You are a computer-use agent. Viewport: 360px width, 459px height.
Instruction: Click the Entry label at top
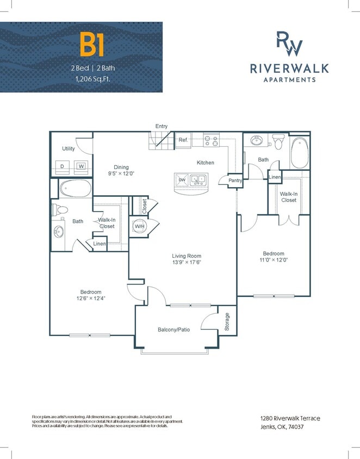(x=162, y=126)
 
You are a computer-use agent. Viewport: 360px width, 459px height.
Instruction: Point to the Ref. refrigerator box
(x=183, y=140)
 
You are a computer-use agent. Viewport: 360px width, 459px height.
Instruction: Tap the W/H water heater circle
(x=139, y=226)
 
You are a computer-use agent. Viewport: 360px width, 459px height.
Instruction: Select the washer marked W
(x=81, y=166)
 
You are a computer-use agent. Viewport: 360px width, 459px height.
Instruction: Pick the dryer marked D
(x=62, y=166)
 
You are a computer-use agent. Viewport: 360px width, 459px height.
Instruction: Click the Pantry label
(x=235, y=180)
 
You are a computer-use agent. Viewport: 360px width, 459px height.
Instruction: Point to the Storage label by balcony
(x=227, y=322)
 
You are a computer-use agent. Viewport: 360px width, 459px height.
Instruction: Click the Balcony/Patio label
(x=173, y=330)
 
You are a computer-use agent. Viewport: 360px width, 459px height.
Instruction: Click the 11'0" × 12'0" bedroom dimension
(x=274, y=260)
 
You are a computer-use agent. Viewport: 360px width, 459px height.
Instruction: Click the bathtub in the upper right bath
(x=299, y=153)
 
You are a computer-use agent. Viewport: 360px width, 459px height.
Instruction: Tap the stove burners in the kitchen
(x=211, y=140)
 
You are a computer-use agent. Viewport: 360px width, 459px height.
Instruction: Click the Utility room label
(x=68, y=148)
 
